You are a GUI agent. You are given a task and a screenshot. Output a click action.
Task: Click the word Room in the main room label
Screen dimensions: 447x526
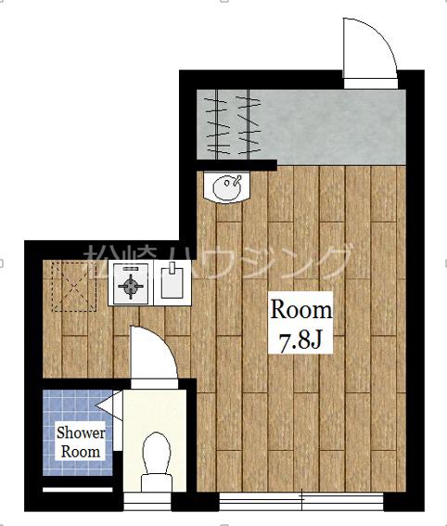click(300, 310)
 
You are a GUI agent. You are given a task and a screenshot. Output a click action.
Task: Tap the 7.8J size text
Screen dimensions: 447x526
click(300, 341)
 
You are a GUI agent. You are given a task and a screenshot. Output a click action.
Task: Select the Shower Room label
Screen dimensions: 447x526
click(81, 443)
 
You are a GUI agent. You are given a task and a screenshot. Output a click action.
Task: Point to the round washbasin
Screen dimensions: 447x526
click(227, 186)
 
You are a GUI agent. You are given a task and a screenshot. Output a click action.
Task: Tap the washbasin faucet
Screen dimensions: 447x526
click(236, 179)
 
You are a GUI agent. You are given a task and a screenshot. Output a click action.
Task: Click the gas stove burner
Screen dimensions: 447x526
click(131, 286)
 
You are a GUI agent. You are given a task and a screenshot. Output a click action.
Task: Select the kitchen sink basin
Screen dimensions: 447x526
click(172, 284)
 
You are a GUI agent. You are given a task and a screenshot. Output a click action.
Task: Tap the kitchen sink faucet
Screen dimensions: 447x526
click(172, 268)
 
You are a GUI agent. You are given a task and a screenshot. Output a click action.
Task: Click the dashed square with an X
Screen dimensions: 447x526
click(74, 286)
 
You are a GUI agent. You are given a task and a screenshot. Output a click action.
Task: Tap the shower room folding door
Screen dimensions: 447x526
click(109, 405)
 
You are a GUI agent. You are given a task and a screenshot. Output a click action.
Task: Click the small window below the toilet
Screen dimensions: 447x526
click(147, 502)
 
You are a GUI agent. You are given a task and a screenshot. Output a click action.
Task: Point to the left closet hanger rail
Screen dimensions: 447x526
click(218, 124)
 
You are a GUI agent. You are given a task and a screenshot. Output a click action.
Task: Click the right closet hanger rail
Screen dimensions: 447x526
click(248, 124)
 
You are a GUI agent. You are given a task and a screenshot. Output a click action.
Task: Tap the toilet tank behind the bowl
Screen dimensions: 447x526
click(157, 483)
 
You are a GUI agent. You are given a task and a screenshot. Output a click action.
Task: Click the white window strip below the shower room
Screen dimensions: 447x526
click(78, 490)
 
